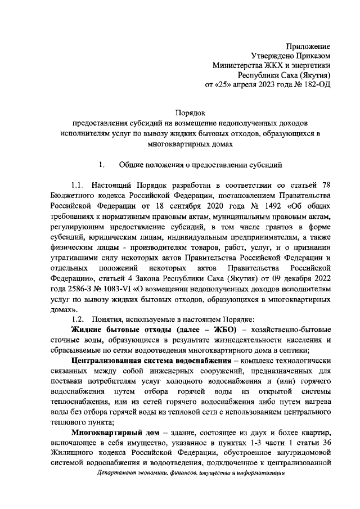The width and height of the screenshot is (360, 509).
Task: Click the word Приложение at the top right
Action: point(308,46)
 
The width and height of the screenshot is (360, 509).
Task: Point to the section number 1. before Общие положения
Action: point(102,165)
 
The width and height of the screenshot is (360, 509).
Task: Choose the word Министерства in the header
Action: point(237,65)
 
